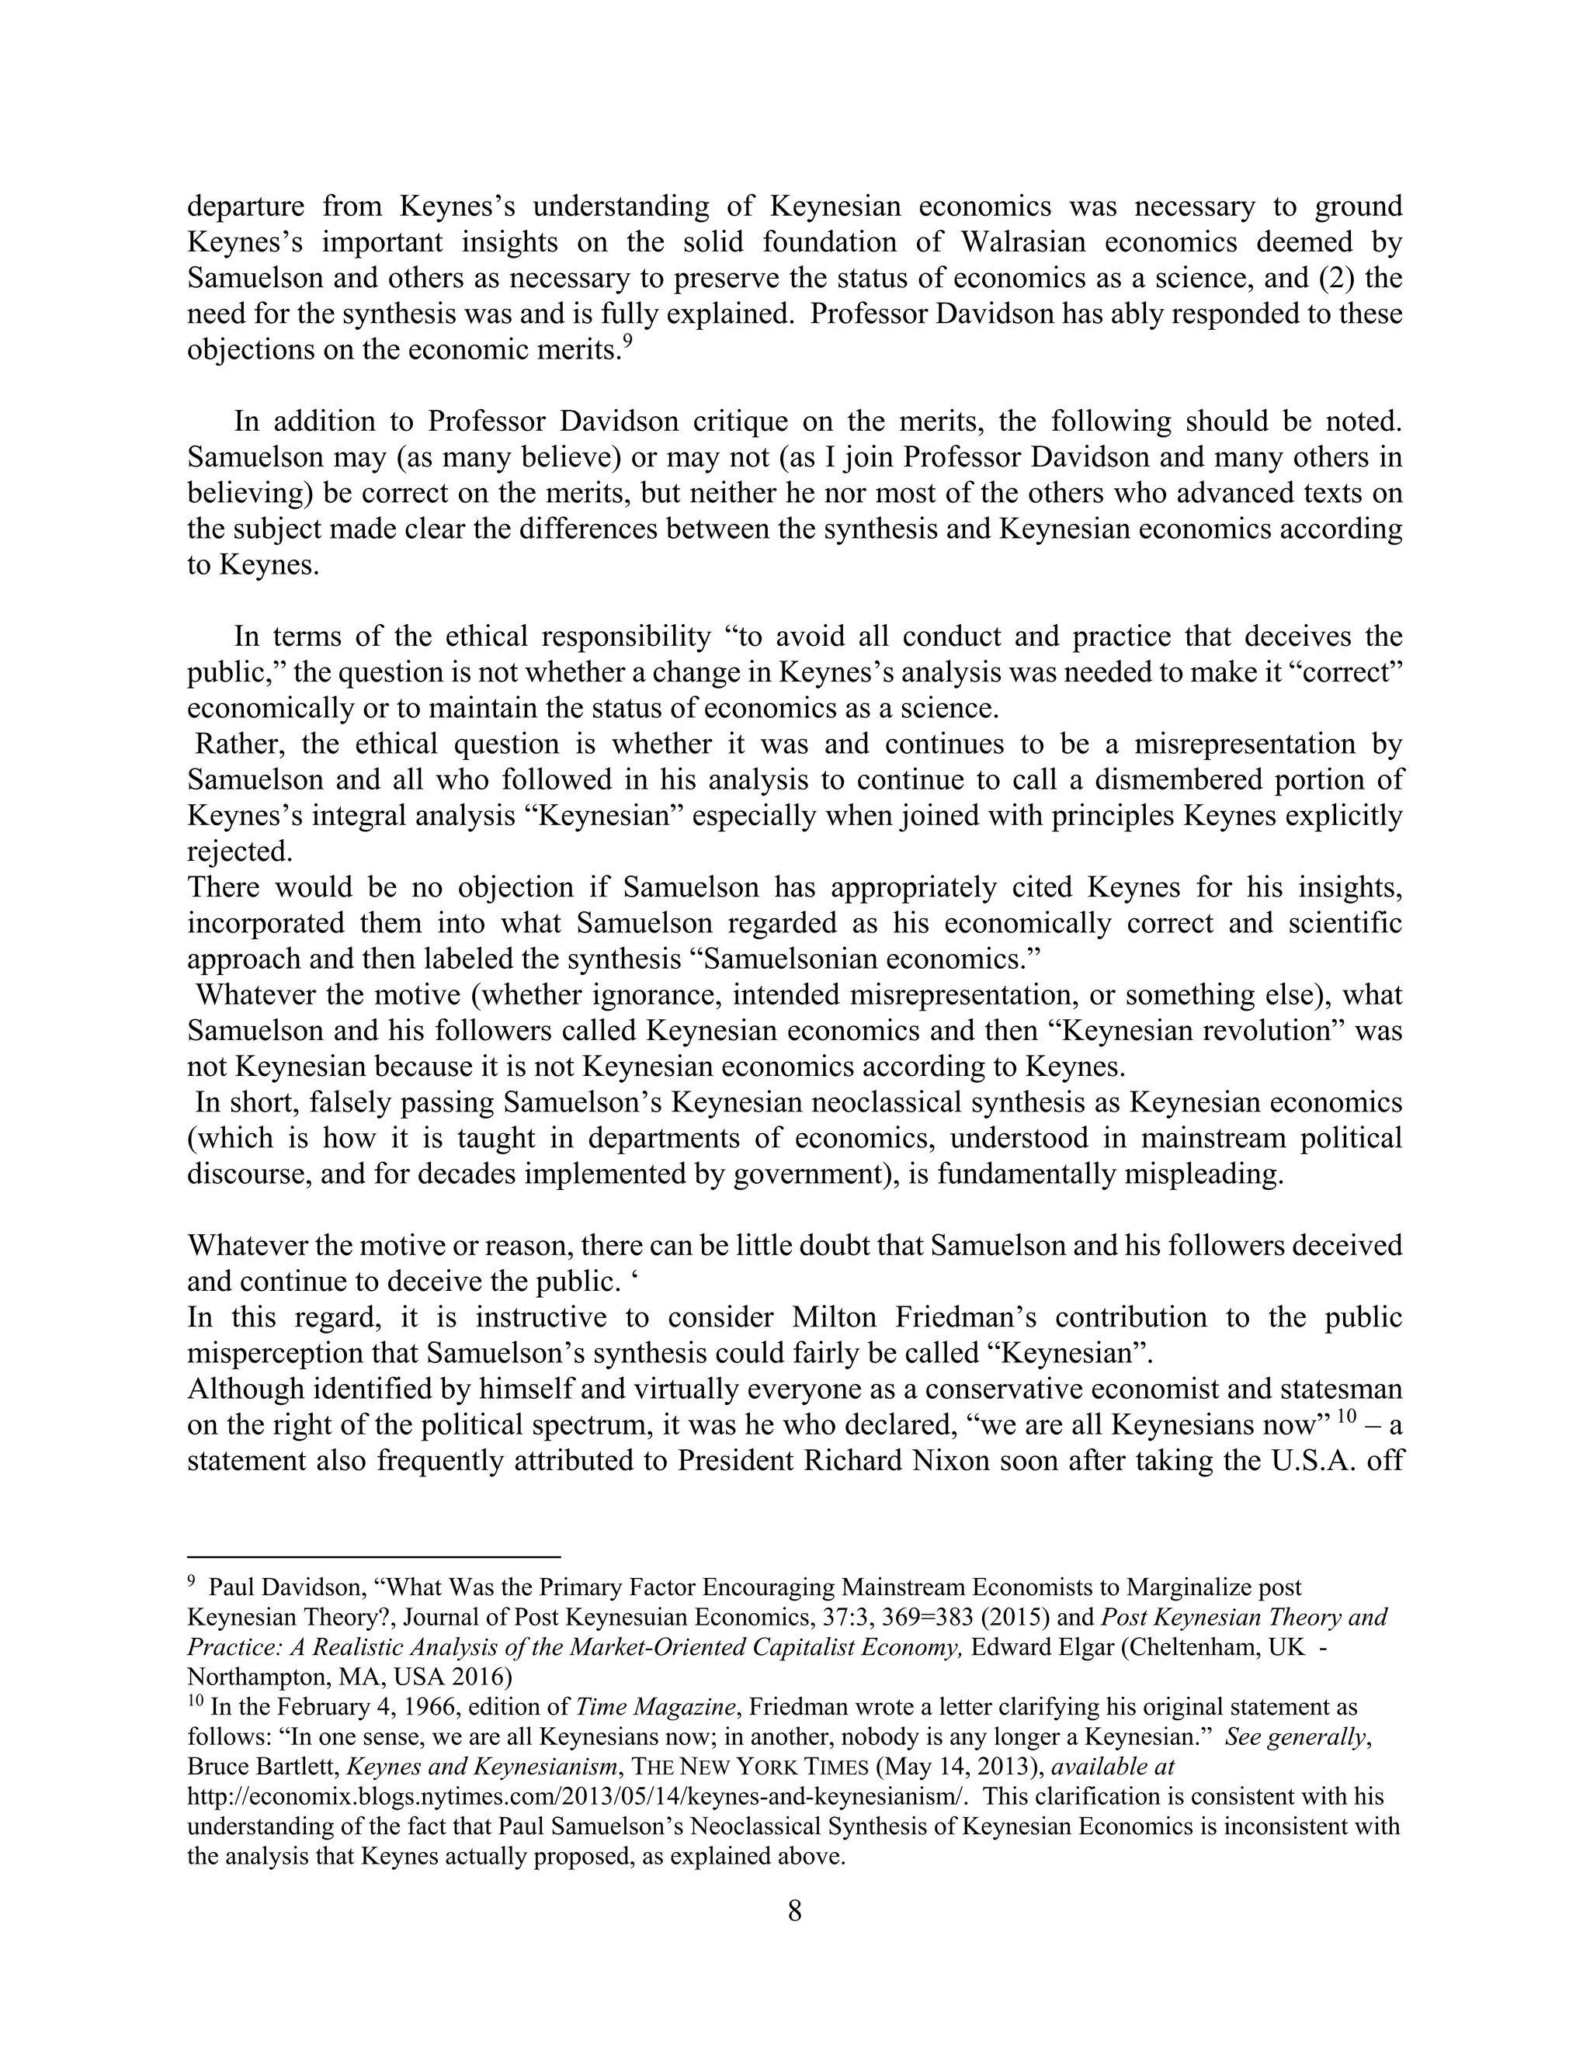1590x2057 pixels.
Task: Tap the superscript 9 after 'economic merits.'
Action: point(627,343)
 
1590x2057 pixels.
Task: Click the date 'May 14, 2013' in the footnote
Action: point(960,1766)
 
